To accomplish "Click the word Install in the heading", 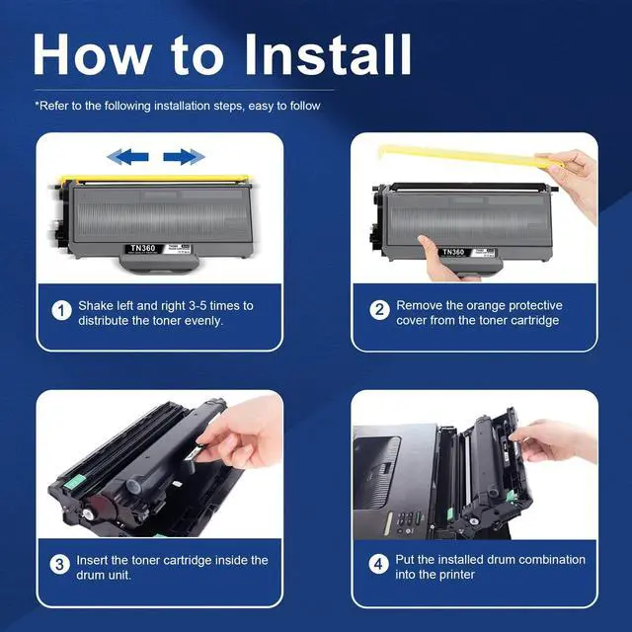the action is point(328,54).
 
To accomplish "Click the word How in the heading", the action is point(91,54).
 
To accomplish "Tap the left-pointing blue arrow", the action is point(127,157).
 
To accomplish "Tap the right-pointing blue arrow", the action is point(185,157).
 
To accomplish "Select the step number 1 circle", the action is point(61,311).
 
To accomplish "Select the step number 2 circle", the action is point(379,310).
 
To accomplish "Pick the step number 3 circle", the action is point(59,564).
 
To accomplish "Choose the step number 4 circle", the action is point(378,564).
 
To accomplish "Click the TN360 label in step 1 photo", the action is point(142,248).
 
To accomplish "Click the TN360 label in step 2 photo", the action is point(453,253).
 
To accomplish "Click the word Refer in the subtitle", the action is point(53,106).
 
